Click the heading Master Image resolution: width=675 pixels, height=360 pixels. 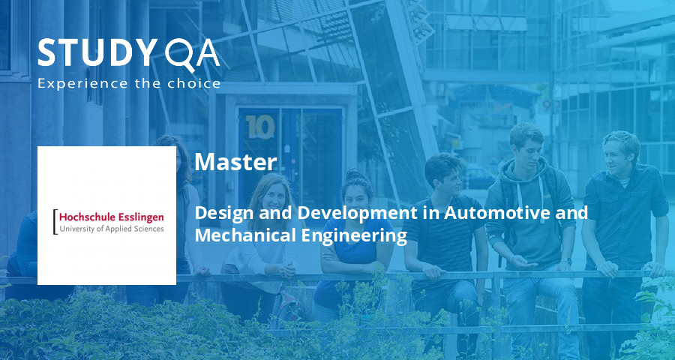(235, 161)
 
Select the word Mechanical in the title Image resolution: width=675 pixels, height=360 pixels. (241, 235)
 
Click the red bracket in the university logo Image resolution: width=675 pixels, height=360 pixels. (54, 222)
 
